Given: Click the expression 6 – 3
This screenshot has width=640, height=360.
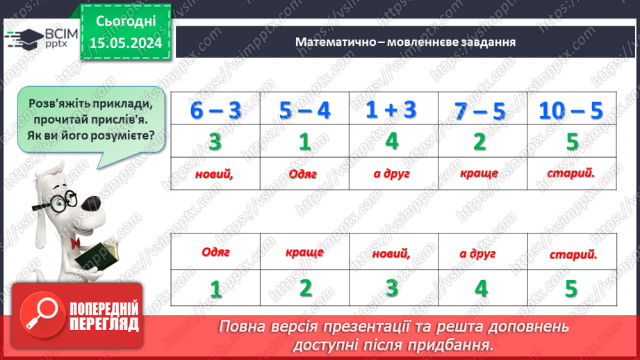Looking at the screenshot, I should [215, 111].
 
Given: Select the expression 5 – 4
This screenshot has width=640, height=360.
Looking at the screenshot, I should [304, 111].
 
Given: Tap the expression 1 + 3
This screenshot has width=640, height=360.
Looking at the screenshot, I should [392, 110].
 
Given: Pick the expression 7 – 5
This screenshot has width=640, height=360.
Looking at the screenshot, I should [479, 111].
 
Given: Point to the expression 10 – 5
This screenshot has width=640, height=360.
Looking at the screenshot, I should [572, 111].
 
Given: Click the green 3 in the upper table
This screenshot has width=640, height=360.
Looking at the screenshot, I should [215, 142].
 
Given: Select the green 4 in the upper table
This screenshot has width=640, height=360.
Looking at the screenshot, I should [392, 141].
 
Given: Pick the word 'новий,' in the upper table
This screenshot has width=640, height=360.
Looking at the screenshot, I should [215, 174].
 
